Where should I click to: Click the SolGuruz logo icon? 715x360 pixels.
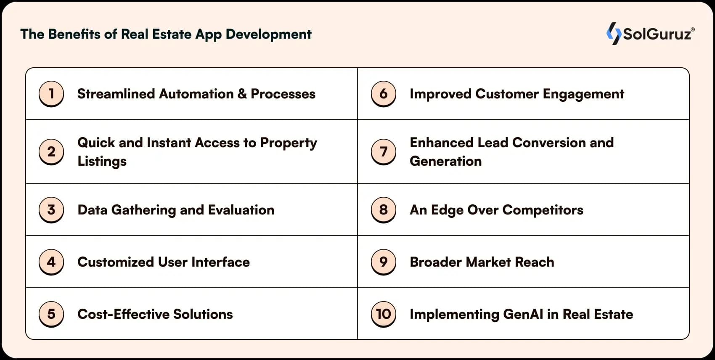coord(614,34)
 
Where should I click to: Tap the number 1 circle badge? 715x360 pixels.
coord(51,94)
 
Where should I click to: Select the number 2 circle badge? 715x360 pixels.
coord(51,152)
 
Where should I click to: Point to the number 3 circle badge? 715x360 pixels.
coord(51,210)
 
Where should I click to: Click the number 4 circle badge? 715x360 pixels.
coord(51,262)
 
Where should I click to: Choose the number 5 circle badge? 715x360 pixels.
coord(51,314)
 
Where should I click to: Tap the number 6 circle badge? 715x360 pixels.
coord(383,94)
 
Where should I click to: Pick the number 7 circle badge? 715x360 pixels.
coord(383,152)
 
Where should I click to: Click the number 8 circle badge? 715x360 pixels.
coord(383,210)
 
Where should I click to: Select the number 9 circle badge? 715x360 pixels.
coord(383,262)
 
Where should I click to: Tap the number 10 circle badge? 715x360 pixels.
coord(383,314)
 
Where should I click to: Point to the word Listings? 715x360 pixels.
coord(102,161)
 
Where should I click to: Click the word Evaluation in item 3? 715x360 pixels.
coord(241,210)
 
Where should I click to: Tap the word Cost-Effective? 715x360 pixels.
coord(123,314)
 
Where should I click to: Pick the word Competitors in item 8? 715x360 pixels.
coord(543,210)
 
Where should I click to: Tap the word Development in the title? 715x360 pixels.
coord(268,34)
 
